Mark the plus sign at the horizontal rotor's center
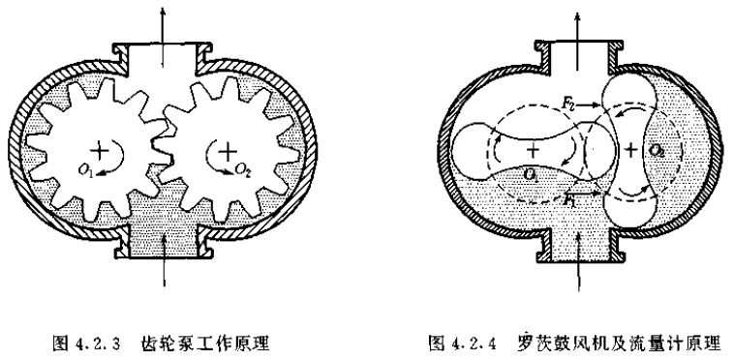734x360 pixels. click(534, 150)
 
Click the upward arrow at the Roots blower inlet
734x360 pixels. click(579, 266)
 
